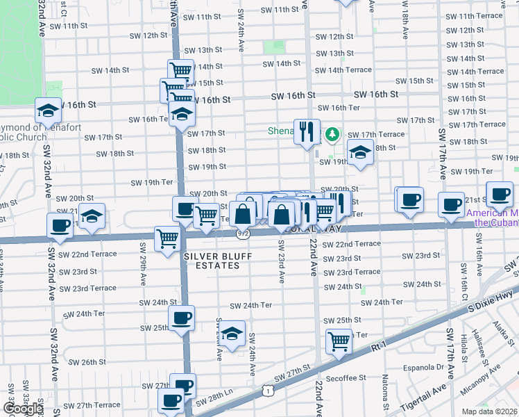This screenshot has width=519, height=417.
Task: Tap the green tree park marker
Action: (332, 133)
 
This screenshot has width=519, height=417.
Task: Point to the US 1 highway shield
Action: (267, 392)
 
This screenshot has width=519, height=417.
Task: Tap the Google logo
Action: (22, 409)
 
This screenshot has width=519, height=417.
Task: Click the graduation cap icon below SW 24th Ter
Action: (232, 333)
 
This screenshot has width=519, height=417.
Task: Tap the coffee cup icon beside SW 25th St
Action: (182, 319)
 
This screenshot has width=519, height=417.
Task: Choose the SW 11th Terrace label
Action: (473, 16)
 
